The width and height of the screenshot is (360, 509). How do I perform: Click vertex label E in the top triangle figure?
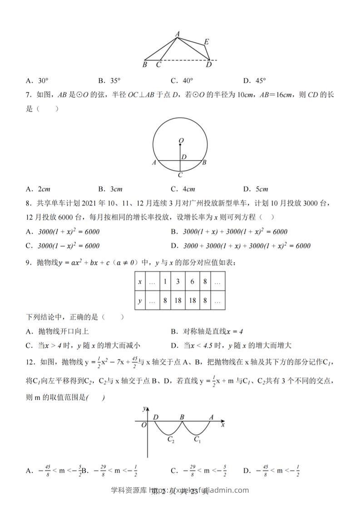coord(206,42)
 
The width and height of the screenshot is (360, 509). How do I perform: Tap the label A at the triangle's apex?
coord(177,34)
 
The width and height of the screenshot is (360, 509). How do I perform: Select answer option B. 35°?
coord(109,81)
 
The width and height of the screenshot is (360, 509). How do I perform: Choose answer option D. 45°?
coord(254,81)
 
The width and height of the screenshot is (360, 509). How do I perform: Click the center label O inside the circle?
coord(181,141)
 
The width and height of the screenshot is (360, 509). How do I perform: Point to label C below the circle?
coord(180,175)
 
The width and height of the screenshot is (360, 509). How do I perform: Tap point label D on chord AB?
coord(184,157)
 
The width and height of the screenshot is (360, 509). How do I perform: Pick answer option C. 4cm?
coord(182,189)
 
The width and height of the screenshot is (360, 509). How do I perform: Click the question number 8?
coord(28,217)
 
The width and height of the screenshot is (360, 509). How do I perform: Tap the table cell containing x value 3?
coord(178,282)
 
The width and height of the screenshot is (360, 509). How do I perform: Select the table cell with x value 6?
coord(192,282)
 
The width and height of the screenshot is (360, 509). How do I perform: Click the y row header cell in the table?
coord(140,300)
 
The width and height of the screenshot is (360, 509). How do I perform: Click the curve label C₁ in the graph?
coord(197,439)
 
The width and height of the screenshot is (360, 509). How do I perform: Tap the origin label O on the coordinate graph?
coord(143,425)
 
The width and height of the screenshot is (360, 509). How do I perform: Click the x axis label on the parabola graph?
coord(222,425)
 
